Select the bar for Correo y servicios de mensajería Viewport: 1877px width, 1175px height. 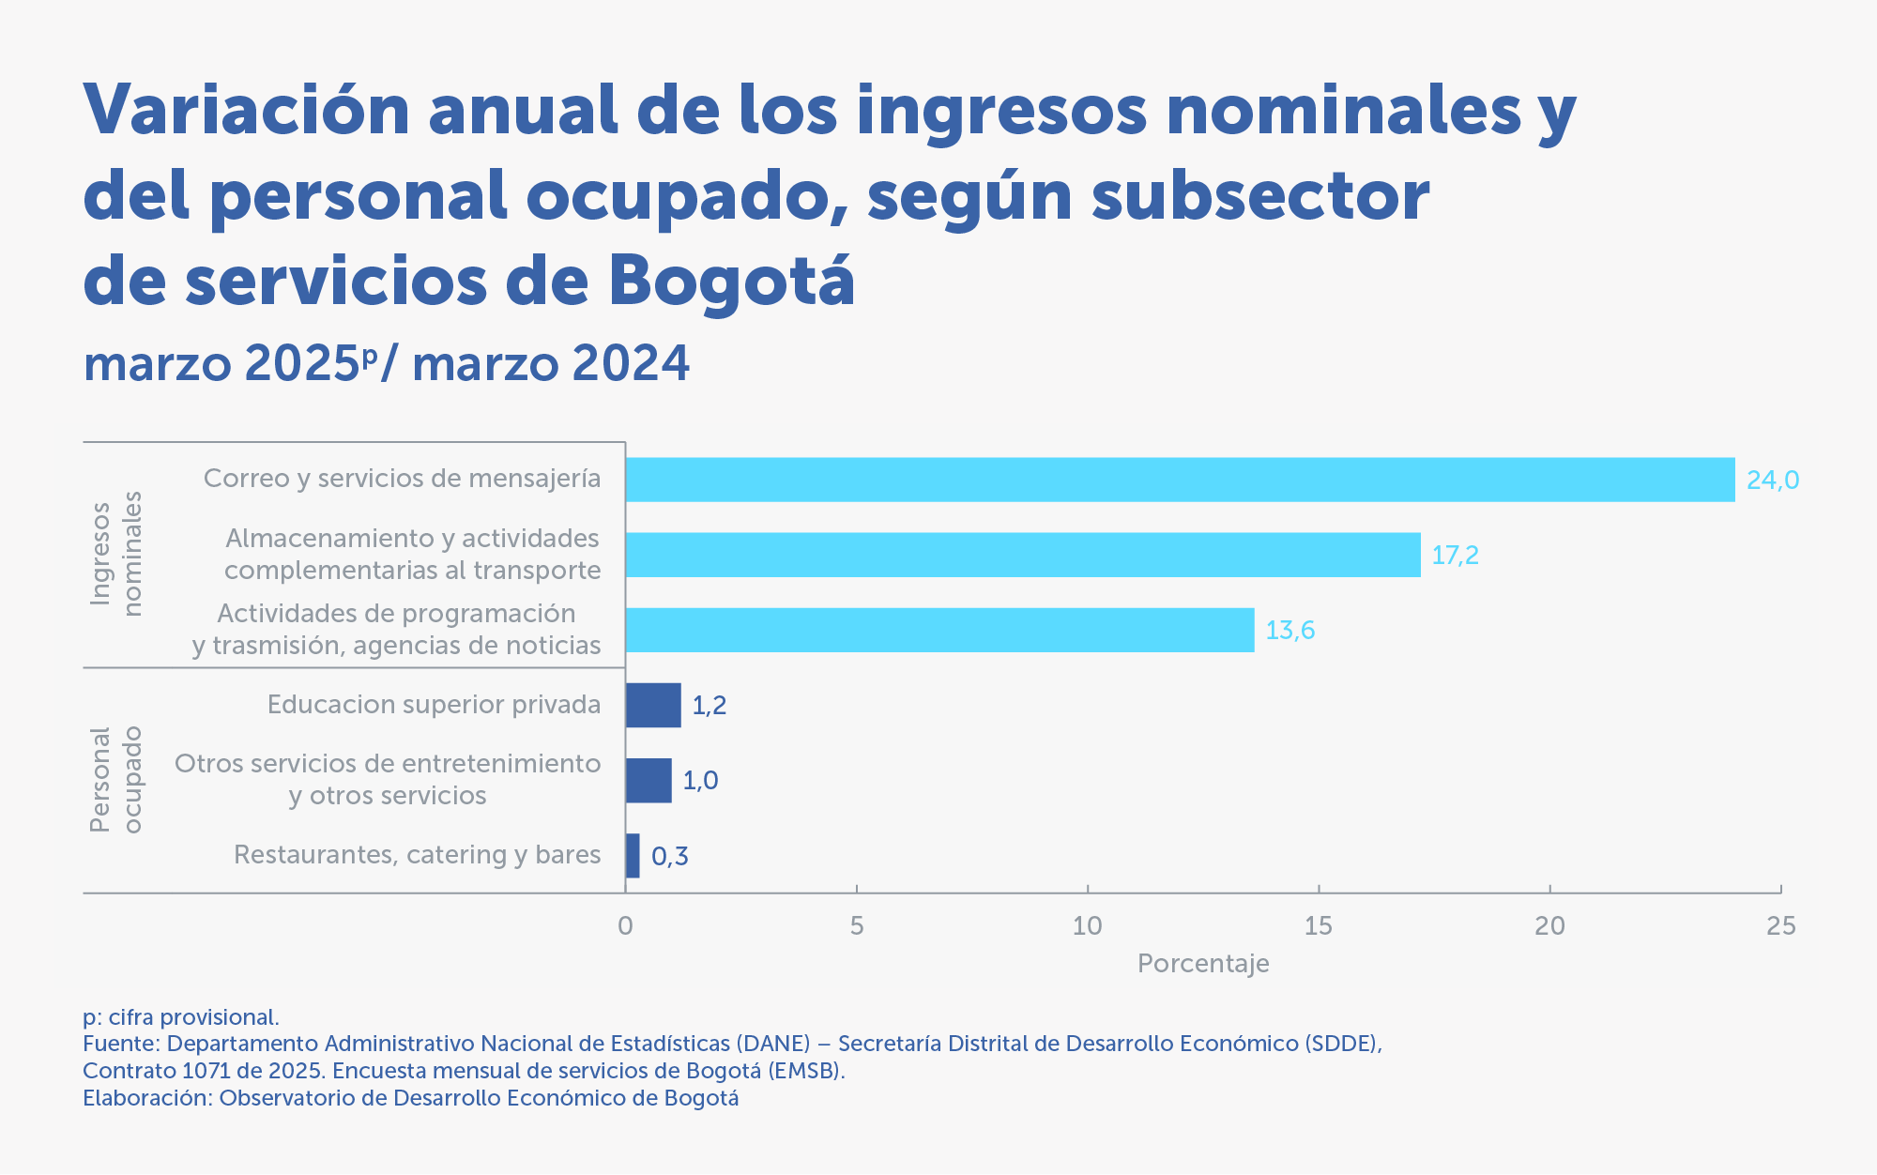tap(1180, 480)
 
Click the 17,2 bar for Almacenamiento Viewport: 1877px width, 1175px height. tap(1023, 555)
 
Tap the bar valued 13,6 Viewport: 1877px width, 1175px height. tap(939, 630)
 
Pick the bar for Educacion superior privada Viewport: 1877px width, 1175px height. tap(653, 705)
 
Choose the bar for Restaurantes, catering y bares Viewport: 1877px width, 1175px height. tap(633, 855)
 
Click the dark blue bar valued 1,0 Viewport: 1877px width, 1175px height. tap(649, 780)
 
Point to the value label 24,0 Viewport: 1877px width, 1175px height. tap(1772, 481)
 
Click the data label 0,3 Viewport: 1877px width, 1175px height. tap(669, 856)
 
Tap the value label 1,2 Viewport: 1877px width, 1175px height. tap(709, 706)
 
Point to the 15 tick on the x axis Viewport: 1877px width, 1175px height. tap(1318, 926)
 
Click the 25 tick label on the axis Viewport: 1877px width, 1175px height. tap(1780, 926)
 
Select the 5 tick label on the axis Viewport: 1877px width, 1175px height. tap(856, 926)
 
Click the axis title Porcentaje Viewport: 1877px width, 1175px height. tap(1202, 964)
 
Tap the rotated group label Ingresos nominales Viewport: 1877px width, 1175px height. tap(116, 554)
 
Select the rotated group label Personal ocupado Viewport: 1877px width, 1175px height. tap(116, 780)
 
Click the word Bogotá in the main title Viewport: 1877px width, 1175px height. tap(731, 281)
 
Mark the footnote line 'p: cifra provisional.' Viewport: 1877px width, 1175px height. tap(181, 1017)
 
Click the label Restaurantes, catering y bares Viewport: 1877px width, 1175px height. tap(417, 855)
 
